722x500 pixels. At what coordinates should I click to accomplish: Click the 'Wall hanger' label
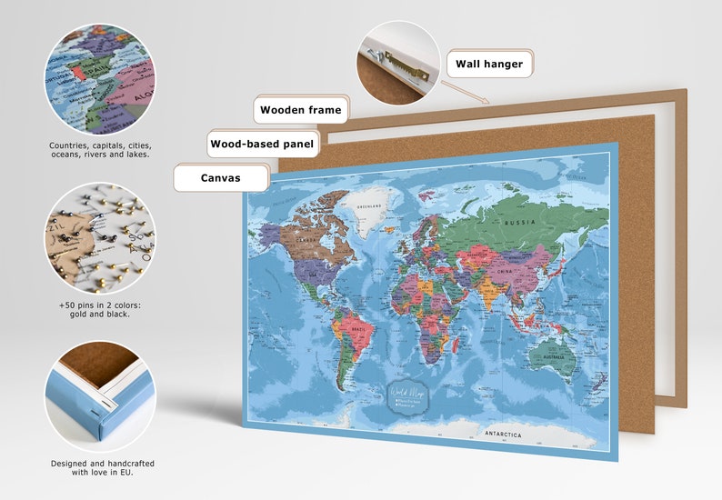coord(489,64)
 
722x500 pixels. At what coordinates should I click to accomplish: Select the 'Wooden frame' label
coord(300,110)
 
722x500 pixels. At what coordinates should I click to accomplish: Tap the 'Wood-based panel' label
coord(262,144)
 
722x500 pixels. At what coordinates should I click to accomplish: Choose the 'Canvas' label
coord(221,177)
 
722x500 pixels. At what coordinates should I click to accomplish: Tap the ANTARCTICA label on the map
coord(503,435)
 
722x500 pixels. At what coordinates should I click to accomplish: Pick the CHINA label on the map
coord(506,271)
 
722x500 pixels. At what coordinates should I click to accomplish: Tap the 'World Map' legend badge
coord(409,396)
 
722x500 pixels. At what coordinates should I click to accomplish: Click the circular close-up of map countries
coord(100,80)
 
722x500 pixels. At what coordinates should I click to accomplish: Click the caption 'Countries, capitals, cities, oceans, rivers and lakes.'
coord(100,150)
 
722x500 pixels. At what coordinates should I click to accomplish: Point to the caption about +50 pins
coord(100,309)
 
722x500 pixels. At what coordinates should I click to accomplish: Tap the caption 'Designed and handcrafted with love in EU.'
coord(100,467)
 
